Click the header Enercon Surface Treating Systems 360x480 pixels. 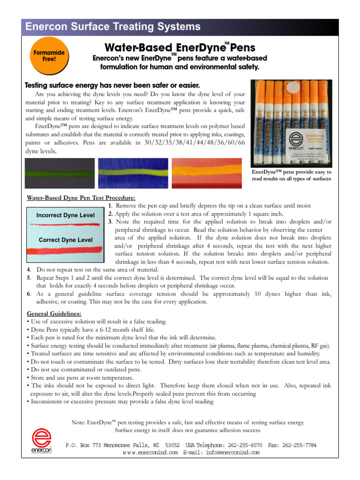point(113,27)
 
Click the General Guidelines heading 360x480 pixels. point(54,313)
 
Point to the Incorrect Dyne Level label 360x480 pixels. point(65,215)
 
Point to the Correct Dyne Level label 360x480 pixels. point(65,240)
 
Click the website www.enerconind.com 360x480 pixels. point(150,452)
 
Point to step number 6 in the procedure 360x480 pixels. point(29,294)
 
